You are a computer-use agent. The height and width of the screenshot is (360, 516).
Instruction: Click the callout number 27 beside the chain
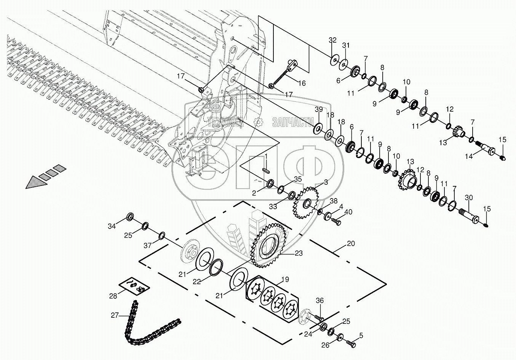115,315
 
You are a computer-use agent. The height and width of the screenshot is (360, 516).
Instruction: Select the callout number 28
113,296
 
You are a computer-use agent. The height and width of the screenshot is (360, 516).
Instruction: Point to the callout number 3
326,182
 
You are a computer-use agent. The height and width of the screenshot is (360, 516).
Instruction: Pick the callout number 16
302,83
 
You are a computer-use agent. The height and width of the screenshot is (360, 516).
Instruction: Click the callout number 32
332,40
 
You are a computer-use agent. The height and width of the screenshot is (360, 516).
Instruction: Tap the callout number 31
346,45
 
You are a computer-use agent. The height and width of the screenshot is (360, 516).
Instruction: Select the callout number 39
319,109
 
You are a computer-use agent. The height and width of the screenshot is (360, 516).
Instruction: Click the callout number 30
468,197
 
